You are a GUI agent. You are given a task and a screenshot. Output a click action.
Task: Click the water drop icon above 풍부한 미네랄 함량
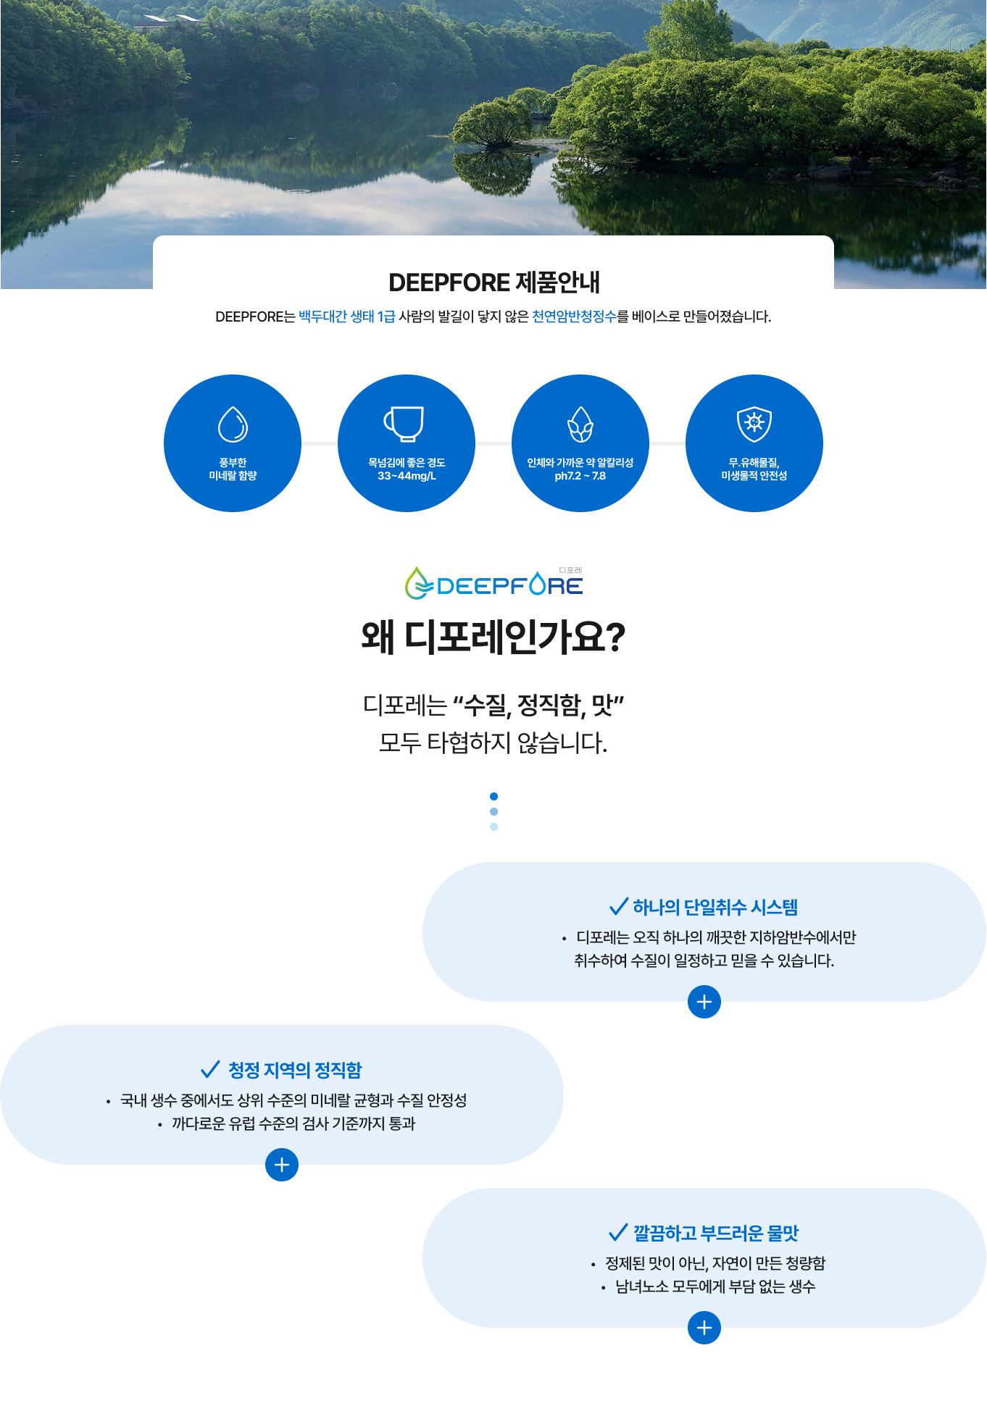pos(233,424)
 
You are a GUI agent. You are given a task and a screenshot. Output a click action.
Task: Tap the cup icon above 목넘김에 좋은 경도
pos(404,424)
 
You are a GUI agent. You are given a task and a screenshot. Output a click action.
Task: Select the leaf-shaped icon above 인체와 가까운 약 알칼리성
pos(580,424)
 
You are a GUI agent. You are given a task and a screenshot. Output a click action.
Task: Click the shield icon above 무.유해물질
pos(754,424)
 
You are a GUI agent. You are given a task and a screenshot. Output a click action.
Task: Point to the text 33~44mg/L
pos(407,476)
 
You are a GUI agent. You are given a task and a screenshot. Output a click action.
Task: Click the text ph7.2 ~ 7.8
pos(580,476)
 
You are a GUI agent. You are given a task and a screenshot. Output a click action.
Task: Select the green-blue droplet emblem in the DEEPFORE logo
pos(417,584)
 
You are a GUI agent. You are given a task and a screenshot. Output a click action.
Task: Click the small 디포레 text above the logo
pos(570,571)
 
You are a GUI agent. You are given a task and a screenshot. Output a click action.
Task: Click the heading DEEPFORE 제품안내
pos(493,281)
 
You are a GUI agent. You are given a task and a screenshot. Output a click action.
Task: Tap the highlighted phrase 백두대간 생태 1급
pos(346,317)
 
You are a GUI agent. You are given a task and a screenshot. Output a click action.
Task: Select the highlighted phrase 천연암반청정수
pos(574,317)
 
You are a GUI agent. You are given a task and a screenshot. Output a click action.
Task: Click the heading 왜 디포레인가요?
pos(493,637)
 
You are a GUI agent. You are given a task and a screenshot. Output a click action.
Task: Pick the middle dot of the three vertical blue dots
pos(494,812)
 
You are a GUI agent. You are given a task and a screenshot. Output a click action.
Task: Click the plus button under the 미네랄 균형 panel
pos(282,1165)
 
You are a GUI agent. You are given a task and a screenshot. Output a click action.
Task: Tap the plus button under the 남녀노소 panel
pos(704,1328)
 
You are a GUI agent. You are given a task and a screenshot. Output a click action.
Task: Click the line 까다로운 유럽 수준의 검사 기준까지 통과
pos(293,1124)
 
